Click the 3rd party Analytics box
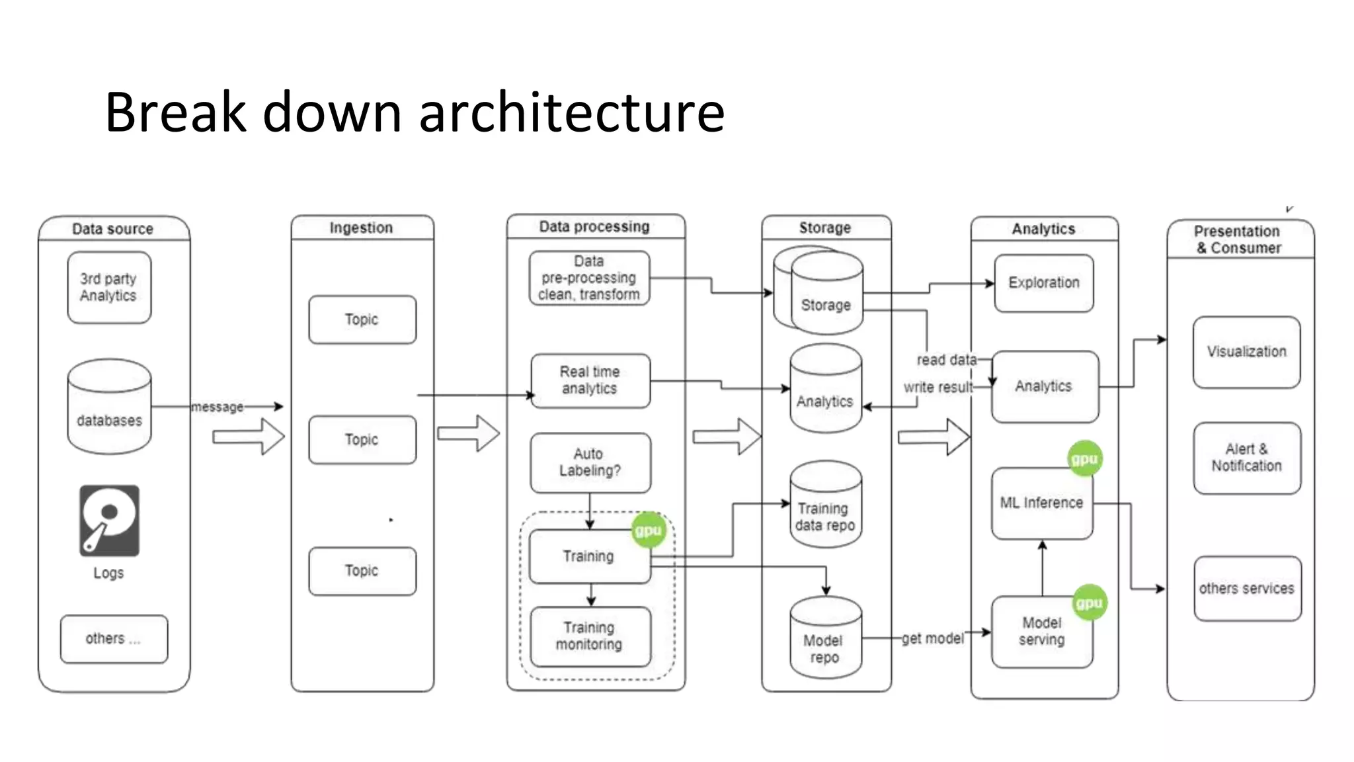[109, 288]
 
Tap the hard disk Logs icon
[109, 521]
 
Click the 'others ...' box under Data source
[114, 639]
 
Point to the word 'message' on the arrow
[218, 407]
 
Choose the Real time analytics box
[590, 380]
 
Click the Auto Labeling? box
[590, 462]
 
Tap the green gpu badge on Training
[648, 530]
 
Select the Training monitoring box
[590, 636]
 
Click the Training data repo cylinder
[825, 506]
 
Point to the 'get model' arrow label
[932, 638]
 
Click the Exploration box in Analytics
[1043, 283]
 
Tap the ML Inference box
[1041, 503]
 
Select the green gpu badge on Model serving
[1089, 603]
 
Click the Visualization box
[1246, 352]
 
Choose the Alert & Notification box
[1246, 458]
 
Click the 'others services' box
[1247, 589]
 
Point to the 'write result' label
[938, 387]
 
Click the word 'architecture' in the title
[572, 112]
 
